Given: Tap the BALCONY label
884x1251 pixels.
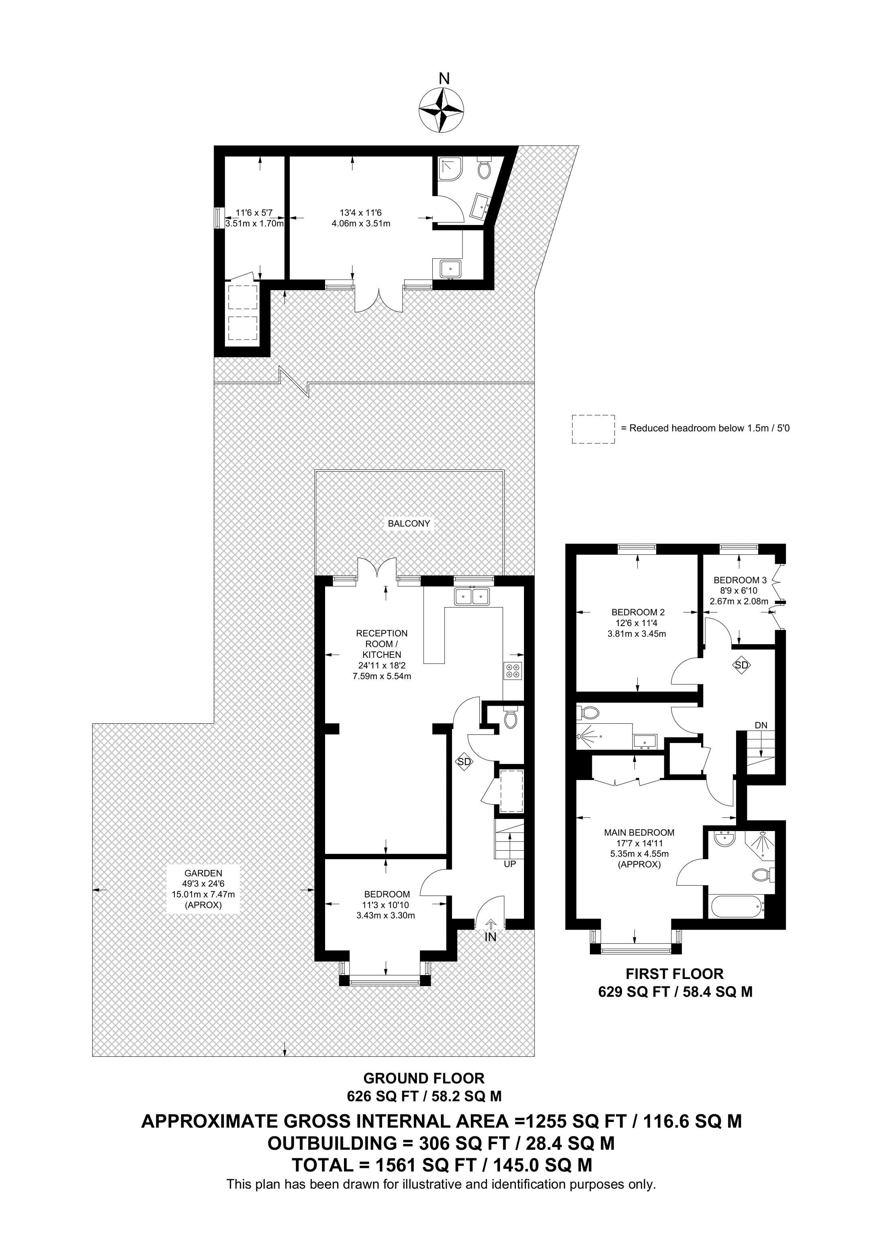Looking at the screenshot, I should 409,523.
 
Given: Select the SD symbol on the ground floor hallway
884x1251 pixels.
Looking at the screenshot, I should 464,762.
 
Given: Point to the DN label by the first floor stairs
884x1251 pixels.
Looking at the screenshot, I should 761,725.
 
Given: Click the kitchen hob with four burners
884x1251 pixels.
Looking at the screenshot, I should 513,670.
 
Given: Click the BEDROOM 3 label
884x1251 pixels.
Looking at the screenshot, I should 740,580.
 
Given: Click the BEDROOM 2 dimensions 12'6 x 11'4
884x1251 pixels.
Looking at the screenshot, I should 637,623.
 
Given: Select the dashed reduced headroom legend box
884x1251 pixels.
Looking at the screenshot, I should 593,429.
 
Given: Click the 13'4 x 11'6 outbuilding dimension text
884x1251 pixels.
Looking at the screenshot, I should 360,213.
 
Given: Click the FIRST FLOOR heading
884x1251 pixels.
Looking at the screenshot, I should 674,974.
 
